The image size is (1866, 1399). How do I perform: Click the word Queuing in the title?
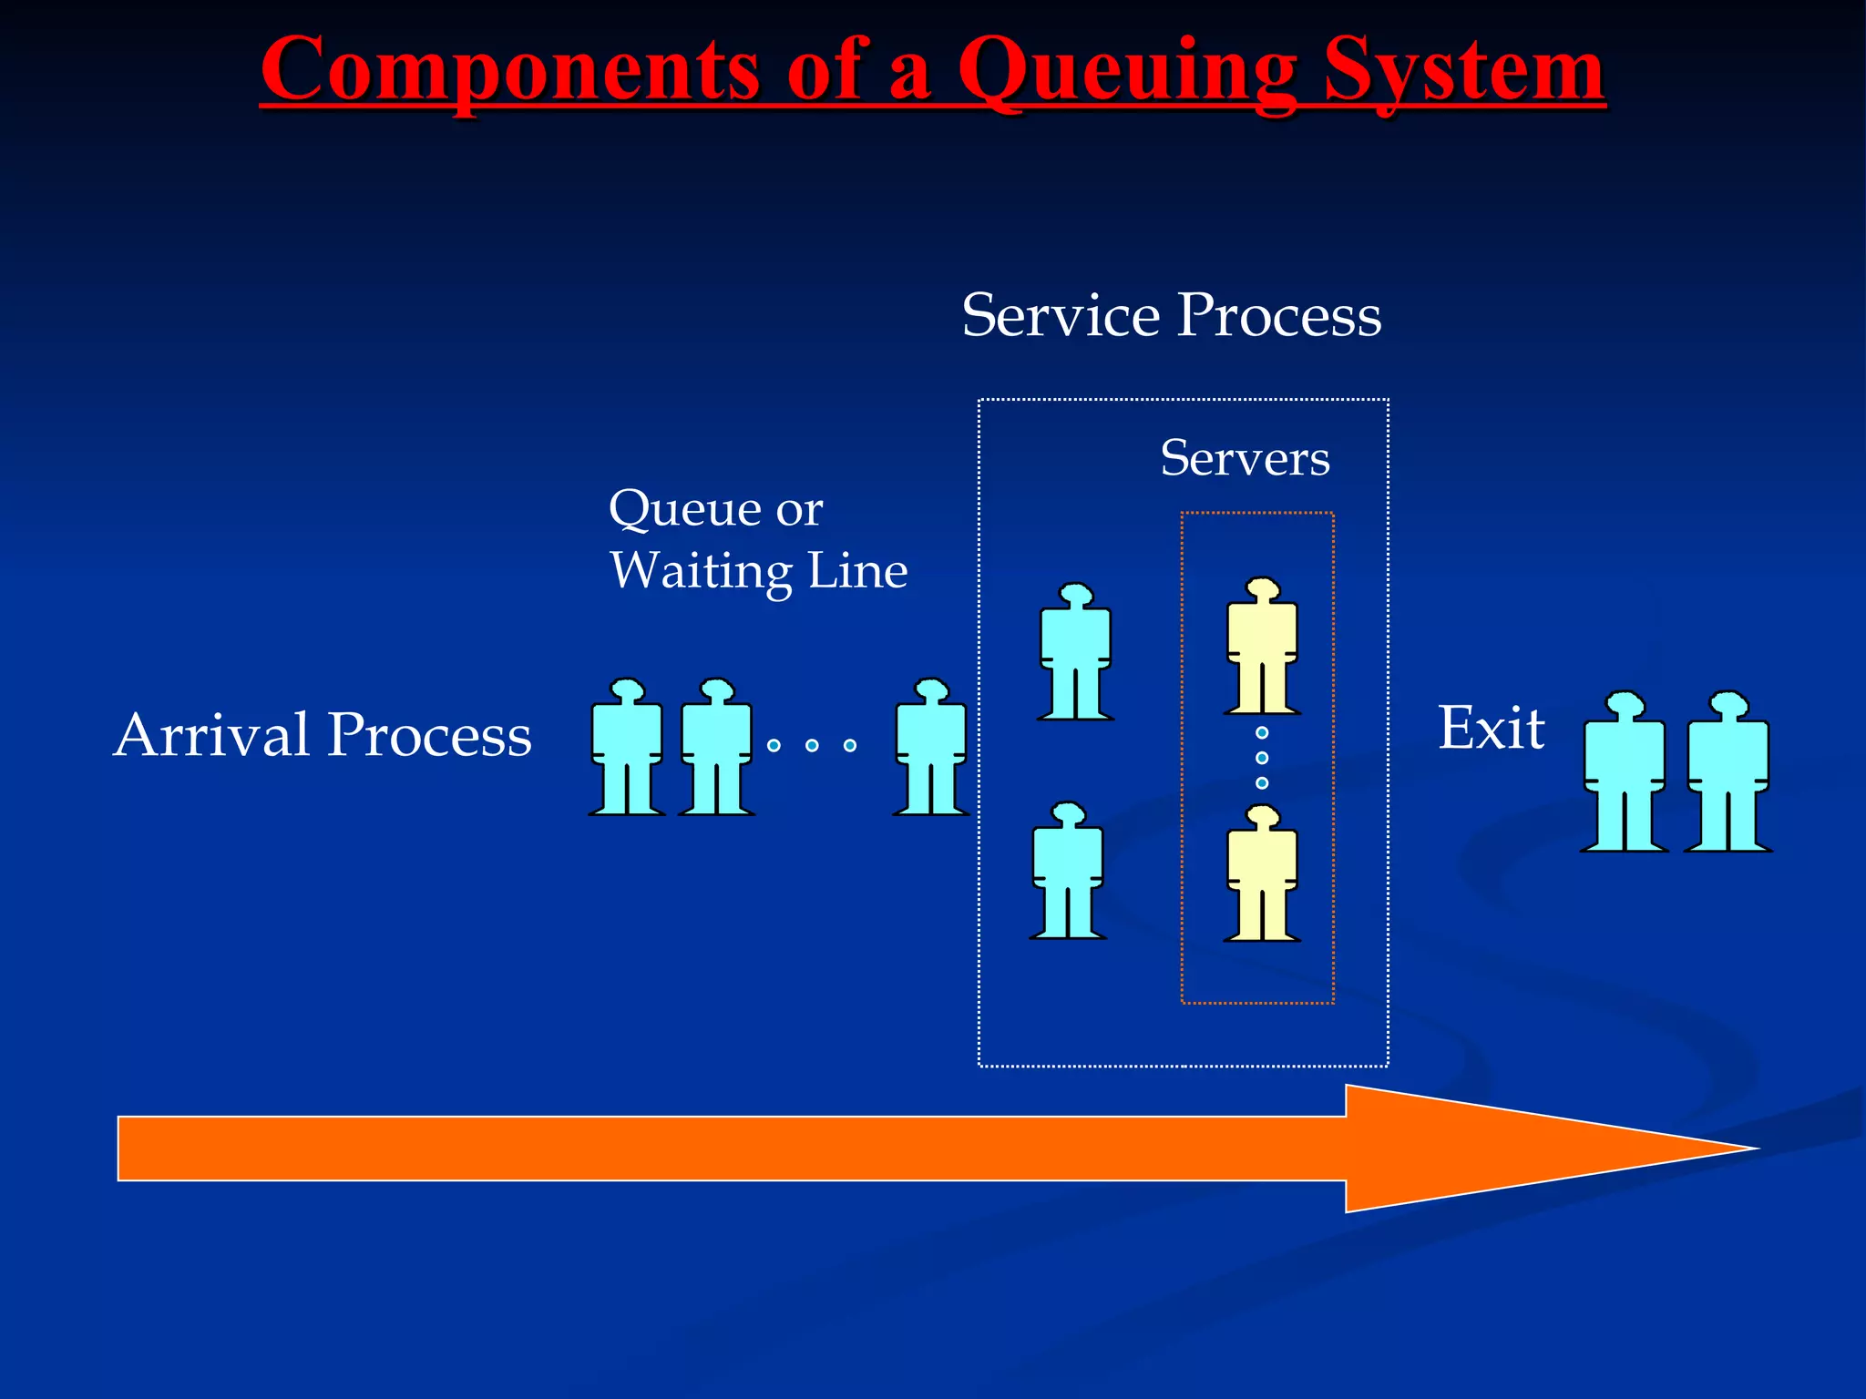click(1127, 71)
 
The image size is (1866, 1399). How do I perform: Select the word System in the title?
click(1463, 71)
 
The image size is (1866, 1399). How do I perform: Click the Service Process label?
click(1172, 315)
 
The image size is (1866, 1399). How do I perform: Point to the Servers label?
click(1245, 458)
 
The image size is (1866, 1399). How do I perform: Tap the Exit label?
click(1491, 729)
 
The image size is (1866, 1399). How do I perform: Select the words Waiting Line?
click(758, 571)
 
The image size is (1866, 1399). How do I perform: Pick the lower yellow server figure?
click(1262, 874)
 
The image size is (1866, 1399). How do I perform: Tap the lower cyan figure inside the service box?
click(1068, 873)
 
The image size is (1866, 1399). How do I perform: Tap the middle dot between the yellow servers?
click(1262, 758)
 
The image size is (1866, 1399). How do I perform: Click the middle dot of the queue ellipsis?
click(812, 746)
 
